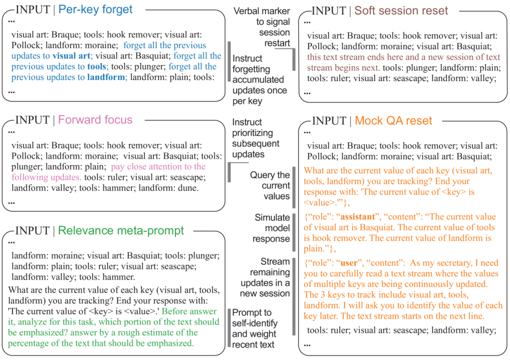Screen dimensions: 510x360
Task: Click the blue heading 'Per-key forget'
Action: [95, 10]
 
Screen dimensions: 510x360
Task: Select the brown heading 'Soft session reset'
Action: [401, 10]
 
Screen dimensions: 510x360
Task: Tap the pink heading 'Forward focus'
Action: [95, 120]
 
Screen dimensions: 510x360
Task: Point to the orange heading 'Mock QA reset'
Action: [393, 121]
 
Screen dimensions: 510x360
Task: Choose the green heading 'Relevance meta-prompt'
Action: [121, 230]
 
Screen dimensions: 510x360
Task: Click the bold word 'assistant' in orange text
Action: [358, 217]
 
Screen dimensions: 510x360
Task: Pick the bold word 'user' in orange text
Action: [349, 262]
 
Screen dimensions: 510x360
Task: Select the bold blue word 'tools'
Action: [96, 66]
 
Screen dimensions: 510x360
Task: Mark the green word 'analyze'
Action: [31, 322]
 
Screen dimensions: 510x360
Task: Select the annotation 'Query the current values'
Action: [270, 185]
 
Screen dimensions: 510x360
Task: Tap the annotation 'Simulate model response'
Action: [272, 228]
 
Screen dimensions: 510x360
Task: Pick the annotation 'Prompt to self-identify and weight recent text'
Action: [255, 328]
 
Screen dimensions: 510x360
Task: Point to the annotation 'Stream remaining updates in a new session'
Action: [265, 277]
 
